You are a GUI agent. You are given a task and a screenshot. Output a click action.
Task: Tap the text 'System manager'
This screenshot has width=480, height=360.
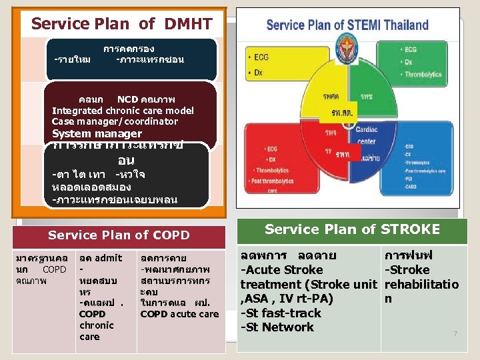[97, 133]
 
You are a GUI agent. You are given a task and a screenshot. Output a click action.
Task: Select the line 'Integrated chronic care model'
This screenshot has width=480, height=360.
[123, 111]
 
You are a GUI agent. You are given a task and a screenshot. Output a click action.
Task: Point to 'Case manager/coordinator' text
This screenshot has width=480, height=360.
[115, 121]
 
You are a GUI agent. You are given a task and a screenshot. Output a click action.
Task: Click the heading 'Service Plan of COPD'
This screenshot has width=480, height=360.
[119, 235]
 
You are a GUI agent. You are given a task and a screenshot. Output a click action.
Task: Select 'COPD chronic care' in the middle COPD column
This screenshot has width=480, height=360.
[97, 325]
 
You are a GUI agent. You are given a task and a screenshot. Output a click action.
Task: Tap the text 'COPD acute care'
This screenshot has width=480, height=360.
[179, 314]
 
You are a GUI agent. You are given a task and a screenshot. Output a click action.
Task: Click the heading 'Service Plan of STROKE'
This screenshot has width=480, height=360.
[352, 229]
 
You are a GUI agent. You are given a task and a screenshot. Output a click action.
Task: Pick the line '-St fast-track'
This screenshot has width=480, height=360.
[281, 313]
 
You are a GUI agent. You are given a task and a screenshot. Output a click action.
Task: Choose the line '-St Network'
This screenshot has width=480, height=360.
[277, 327]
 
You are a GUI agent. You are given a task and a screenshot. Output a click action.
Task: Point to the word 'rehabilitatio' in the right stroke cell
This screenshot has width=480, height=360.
[421, 285]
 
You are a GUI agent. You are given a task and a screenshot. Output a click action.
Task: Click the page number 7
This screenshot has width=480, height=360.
[455, 333]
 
